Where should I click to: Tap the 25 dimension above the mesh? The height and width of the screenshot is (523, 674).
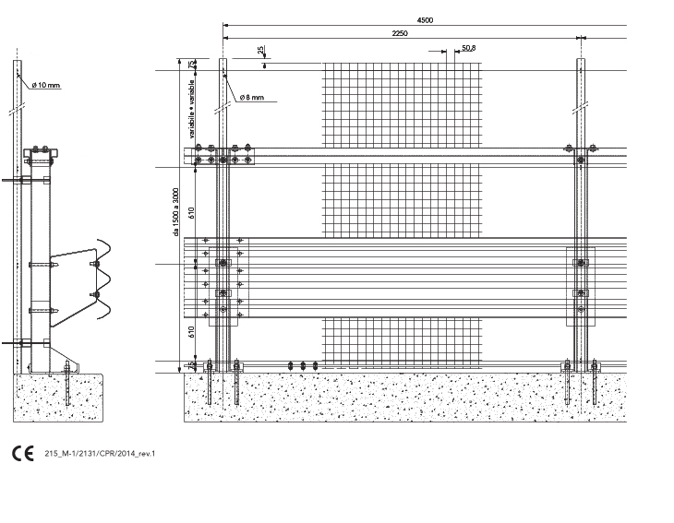[x=261, y=51]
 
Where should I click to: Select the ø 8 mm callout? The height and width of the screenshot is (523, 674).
[x=251, y=97]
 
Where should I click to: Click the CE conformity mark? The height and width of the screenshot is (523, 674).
[x=20, y=453]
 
